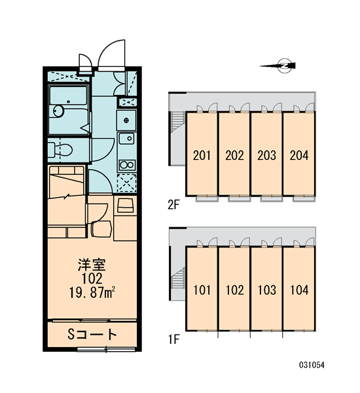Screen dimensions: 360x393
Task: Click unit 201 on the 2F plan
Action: click(202, 155)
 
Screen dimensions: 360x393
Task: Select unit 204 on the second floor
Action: click(299, 155)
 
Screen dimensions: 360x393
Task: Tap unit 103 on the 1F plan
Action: click(267, 290)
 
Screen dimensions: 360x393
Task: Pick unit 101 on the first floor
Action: click(202, 290)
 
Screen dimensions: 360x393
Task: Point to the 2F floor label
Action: click(174, 205)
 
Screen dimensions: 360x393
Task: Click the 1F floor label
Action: click(174, 339)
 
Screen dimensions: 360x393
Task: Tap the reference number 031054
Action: click(312, 365)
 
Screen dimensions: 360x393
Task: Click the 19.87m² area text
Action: click(92, 293)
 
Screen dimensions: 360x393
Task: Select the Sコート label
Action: click(92, 334)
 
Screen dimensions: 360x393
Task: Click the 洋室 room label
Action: click(92, 265)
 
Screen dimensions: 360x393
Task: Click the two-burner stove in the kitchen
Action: click(127, 165)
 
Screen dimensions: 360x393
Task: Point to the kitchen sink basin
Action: click(127, 138)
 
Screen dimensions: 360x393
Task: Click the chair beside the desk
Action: click(101, 229)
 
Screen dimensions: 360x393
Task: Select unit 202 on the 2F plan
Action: click(234, 155)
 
